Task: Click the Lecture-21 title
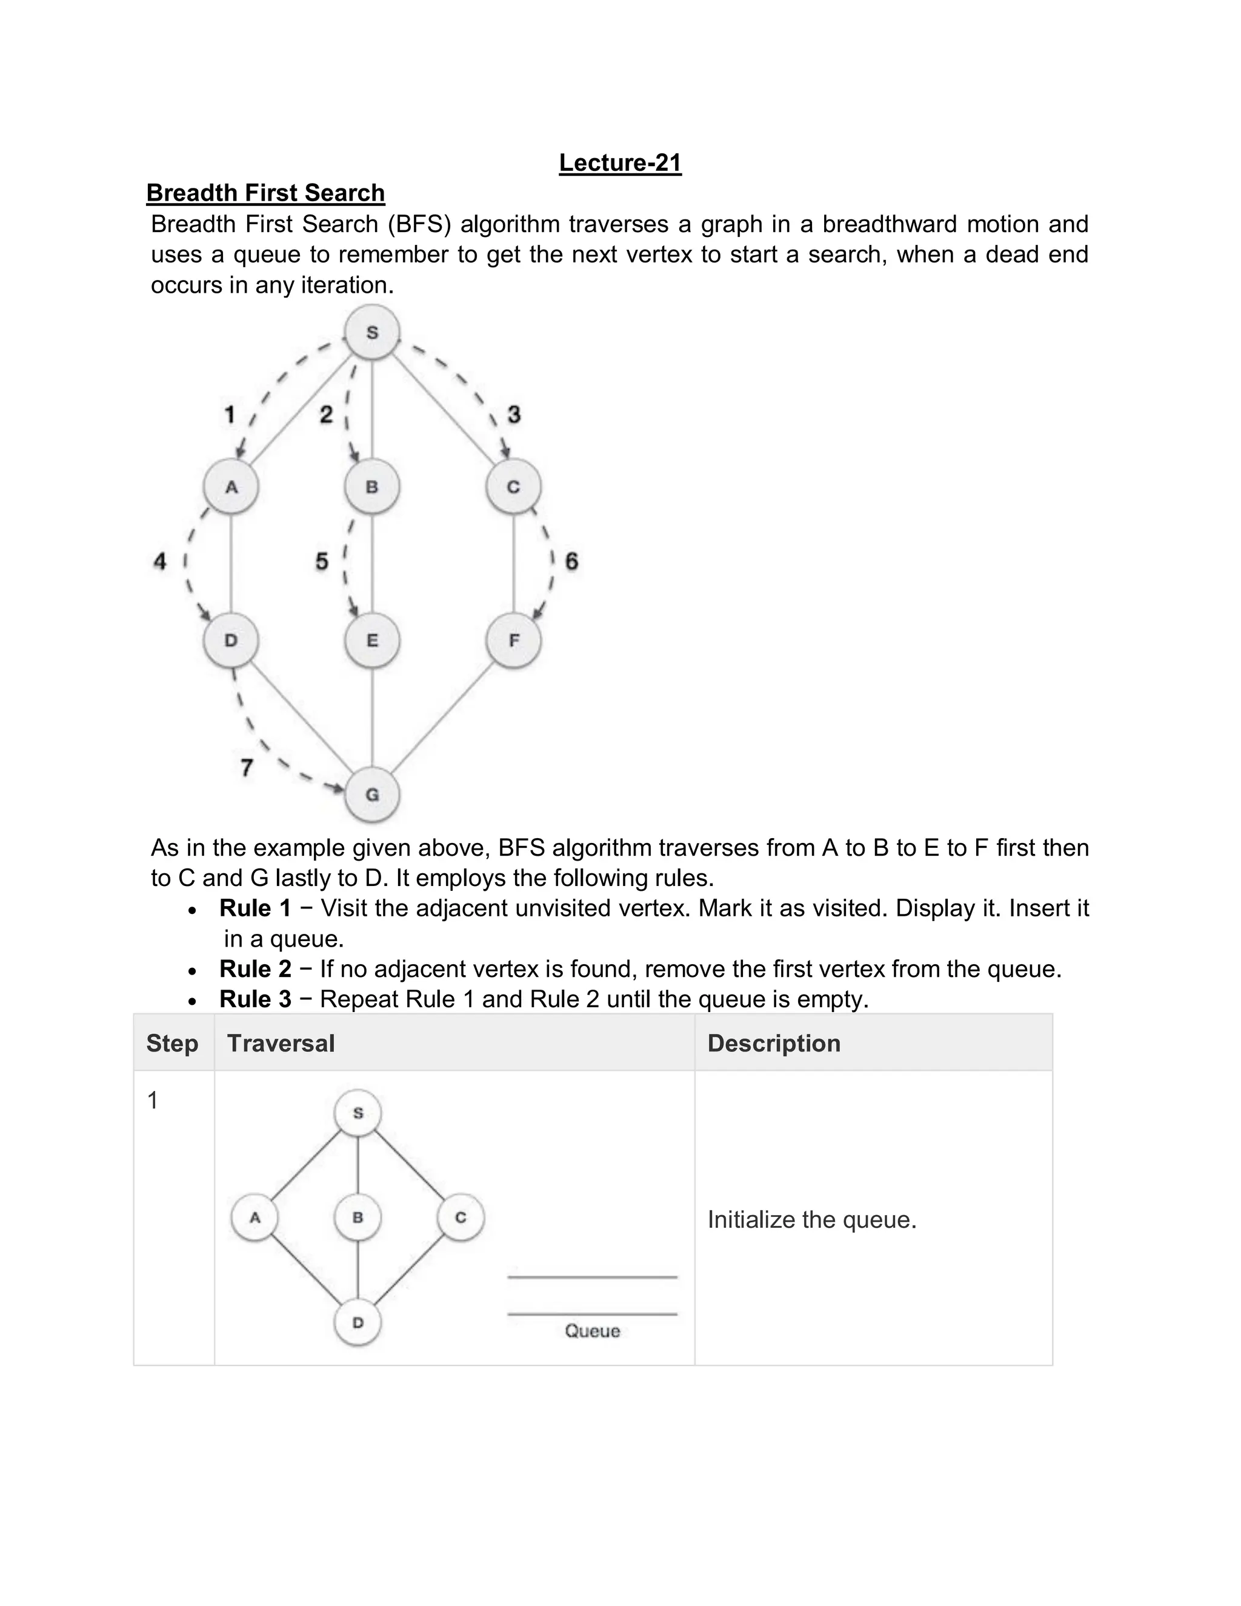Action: (x=620, y=162)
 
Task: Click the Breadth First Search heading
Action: (x=265, y=193)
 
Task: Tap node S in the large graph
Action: (x=372, y=332)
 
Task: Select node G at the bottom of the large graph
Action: (x=372, y=794)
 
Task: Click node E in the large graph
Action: (x=372, y=641)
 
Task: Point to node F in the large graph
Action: (x=513, y=641)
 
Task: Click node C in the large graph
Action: (x=513, y=487)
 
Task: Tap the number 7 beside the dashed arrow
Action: (x=247, y=768)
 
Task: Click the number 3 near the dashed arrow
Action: (x=514, y=415)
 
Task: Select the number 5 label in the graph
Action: (x=322, y=562)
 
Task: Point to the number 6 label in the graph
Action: (x=571, y=562)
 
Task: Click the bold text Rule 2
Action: (x=255, y=969)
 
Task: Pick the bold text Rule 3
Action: (x=255, y=999)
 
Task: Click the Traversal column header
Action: (x=281, y=1044)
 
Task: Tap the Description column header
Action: (x=773, y=1044)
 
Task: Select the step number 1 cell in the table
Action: (x=153, y=1101)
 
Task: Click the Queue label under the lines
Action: (x=592, y=1331)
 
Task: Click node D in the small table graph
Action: (x=358, y=1323)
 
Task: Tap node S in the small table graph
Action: (x=358, y=1113)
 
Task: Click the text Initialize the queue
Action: (x=811, y=1220)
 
